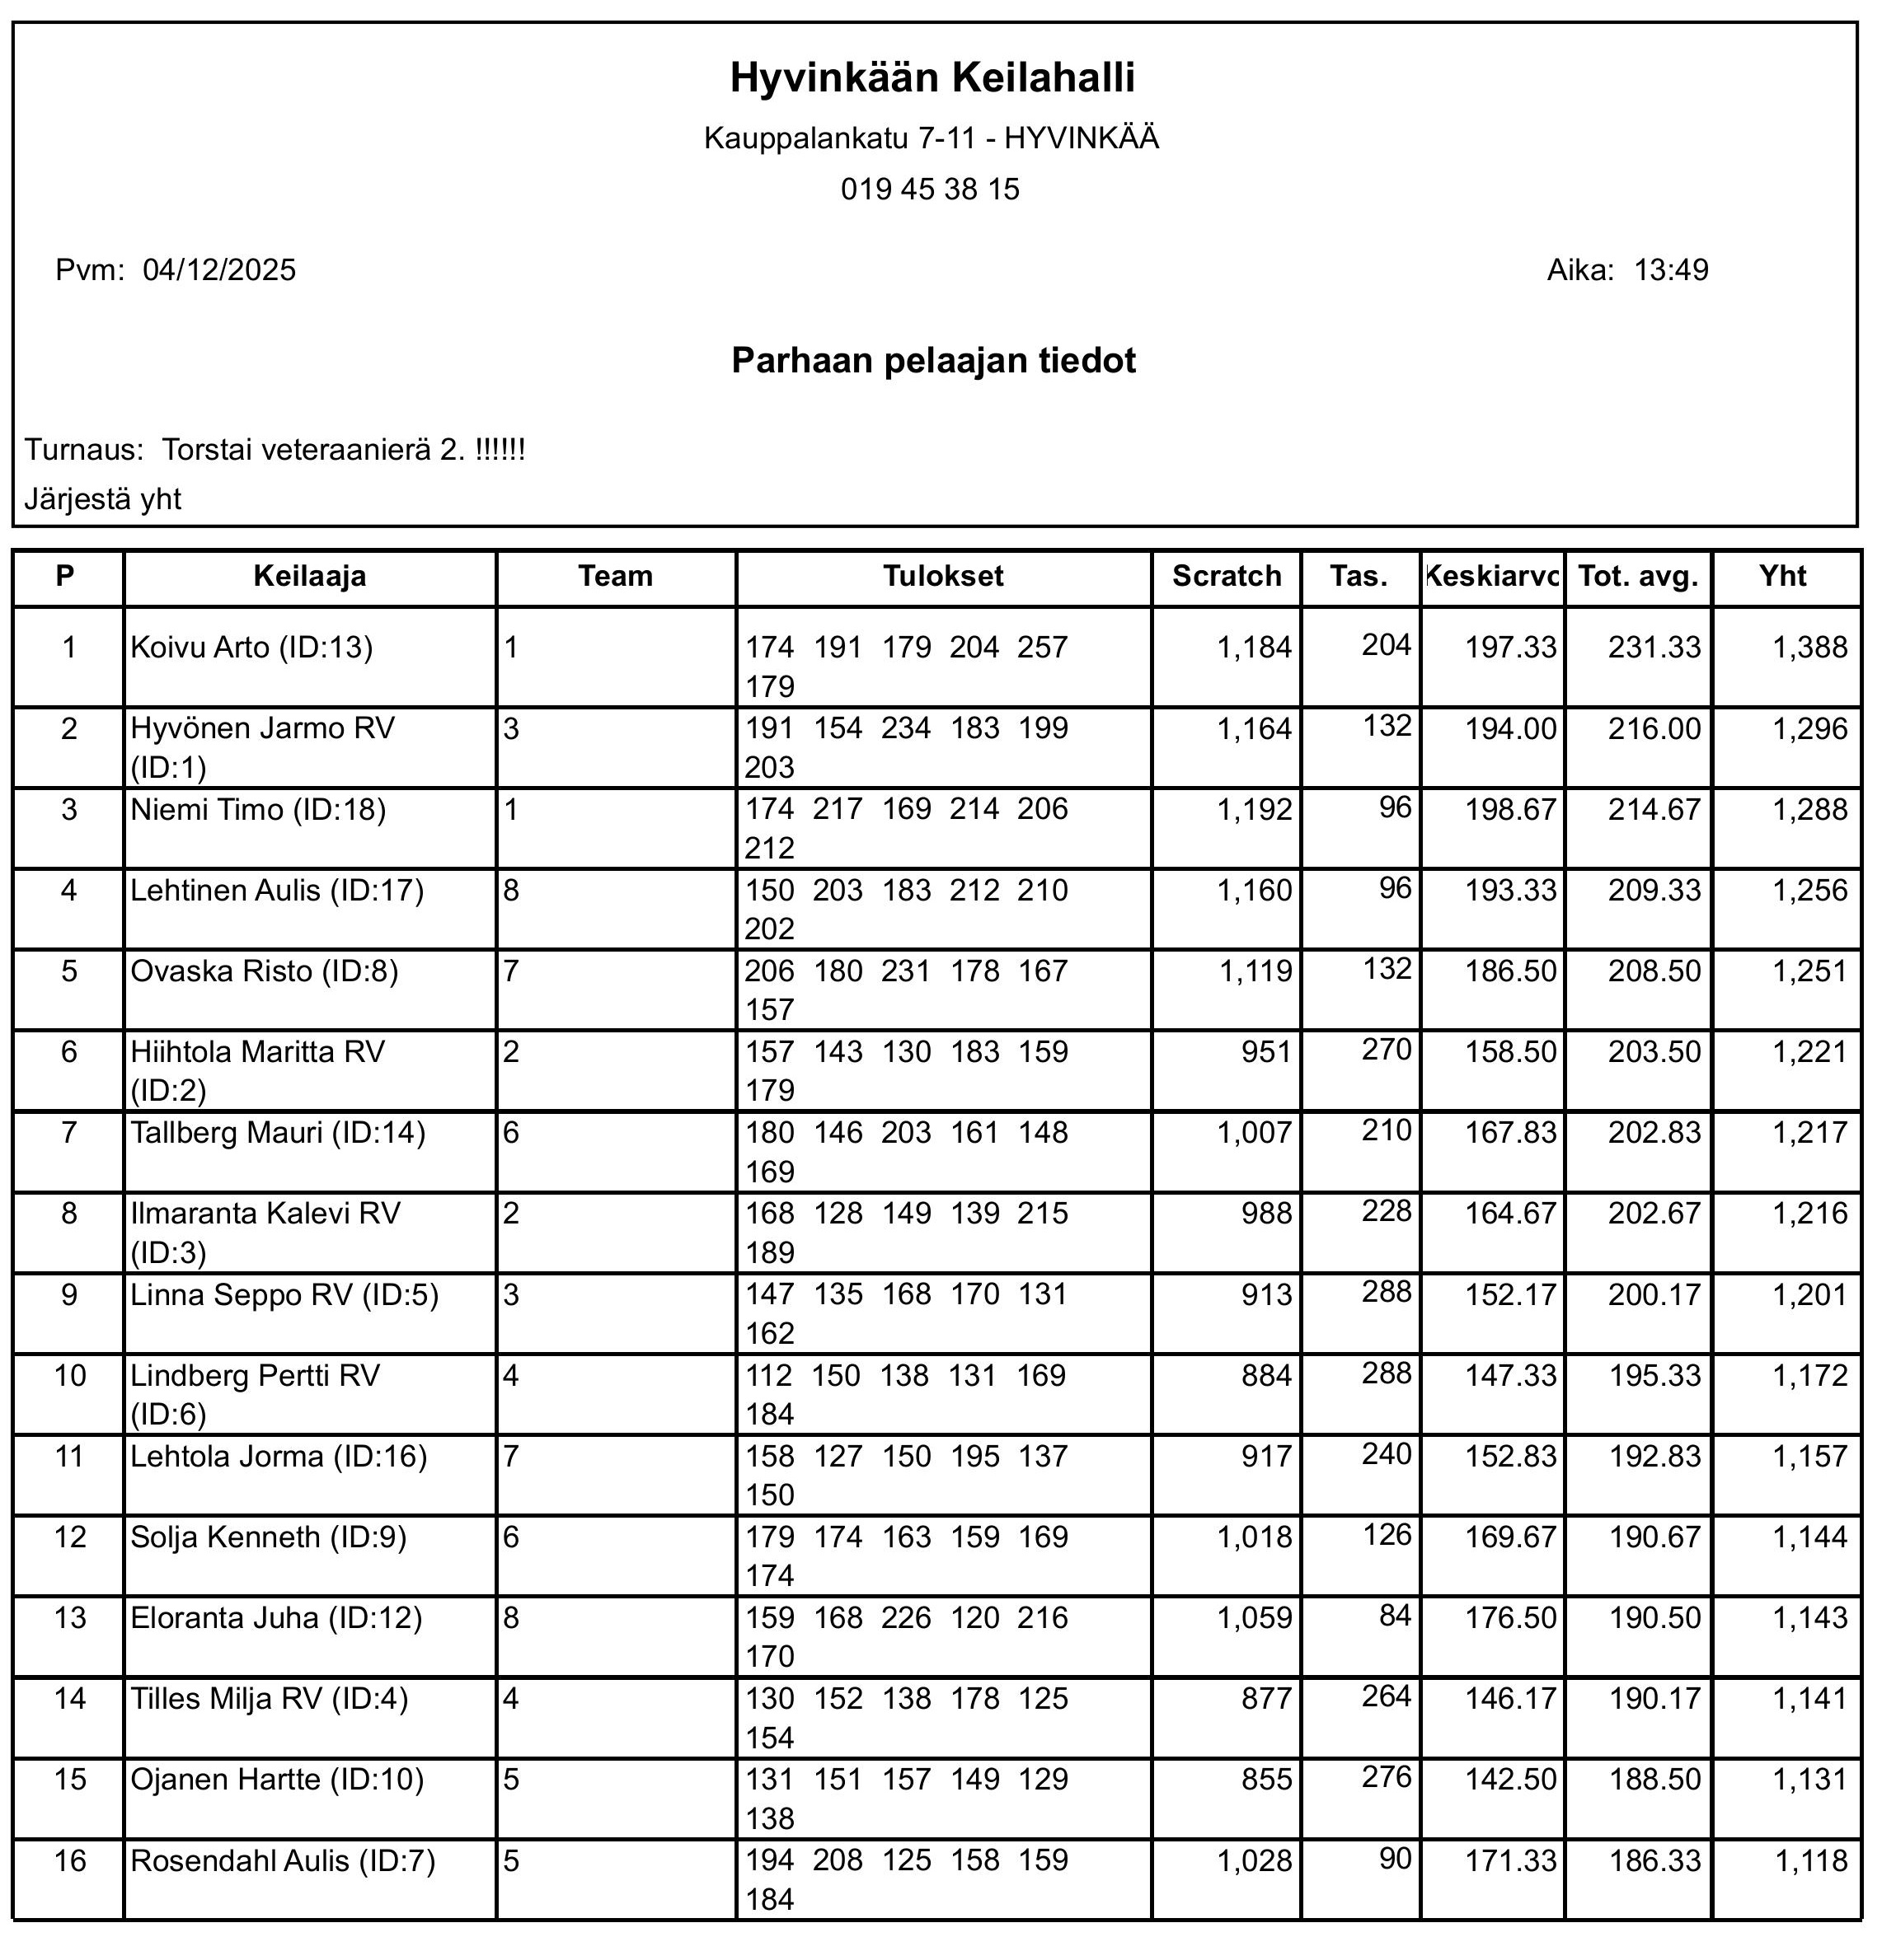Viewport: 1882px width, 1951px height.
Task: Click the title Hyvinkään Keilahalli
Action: click(932, 77)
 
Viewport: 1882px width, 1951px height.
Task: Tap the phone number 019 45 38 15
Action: click(930, 189)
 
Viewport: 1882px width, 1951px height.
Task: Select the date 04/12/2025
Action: click(219, 269)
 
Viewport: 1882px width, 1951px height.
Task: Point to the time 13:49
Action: click(1671, 269)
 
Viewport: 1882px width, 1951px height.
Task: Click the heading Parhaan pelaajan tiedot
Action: click(933, 359)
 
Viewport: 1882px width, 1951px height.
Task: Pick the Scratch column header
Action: click(1226, 577)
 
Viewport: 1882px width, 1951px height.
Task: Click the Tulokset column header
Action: click(943, 577)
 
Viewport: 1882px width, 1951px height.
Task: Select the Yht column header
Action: click(1782, 577)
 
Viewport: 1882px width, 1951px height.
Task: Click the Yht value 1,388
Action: click(1809, 648)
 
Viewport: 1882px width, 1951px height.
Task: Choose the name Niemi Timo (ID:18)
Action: click(258, 809)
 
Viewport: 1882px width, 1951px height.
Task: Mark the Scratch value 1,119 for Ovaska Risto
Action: click(1255, 971)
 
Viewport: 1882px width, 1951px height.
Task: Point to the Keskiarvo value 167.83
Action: click(1509, 1133)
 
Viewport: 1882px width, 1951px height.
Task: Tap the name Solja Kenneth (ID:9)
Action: click(269, 1537)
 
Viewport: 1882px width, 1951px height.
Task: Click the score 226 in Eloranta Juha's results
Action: click(905, 1617)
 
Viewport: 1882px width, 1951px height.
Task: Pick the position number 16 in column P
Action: click(70, 1860)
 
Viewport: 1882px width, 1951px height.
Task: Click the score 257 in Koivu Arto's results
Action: click(1042, 648)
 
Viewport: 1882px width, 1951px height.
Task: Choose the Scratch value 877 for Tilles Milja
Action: click(1266, 1698)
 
